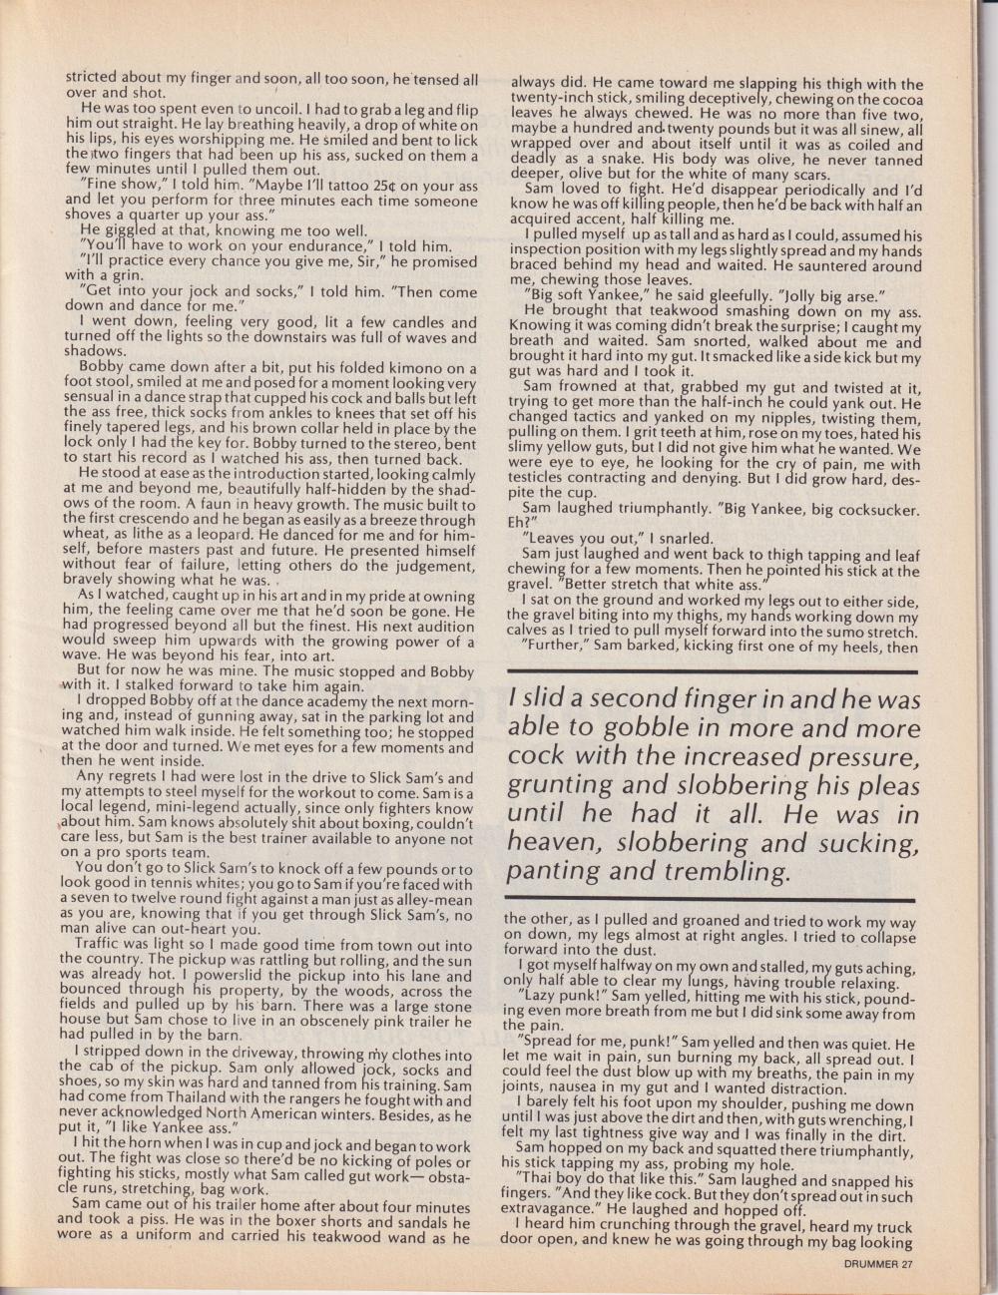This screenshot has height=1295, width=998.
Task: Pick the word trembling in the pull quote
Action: point(723,871)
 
